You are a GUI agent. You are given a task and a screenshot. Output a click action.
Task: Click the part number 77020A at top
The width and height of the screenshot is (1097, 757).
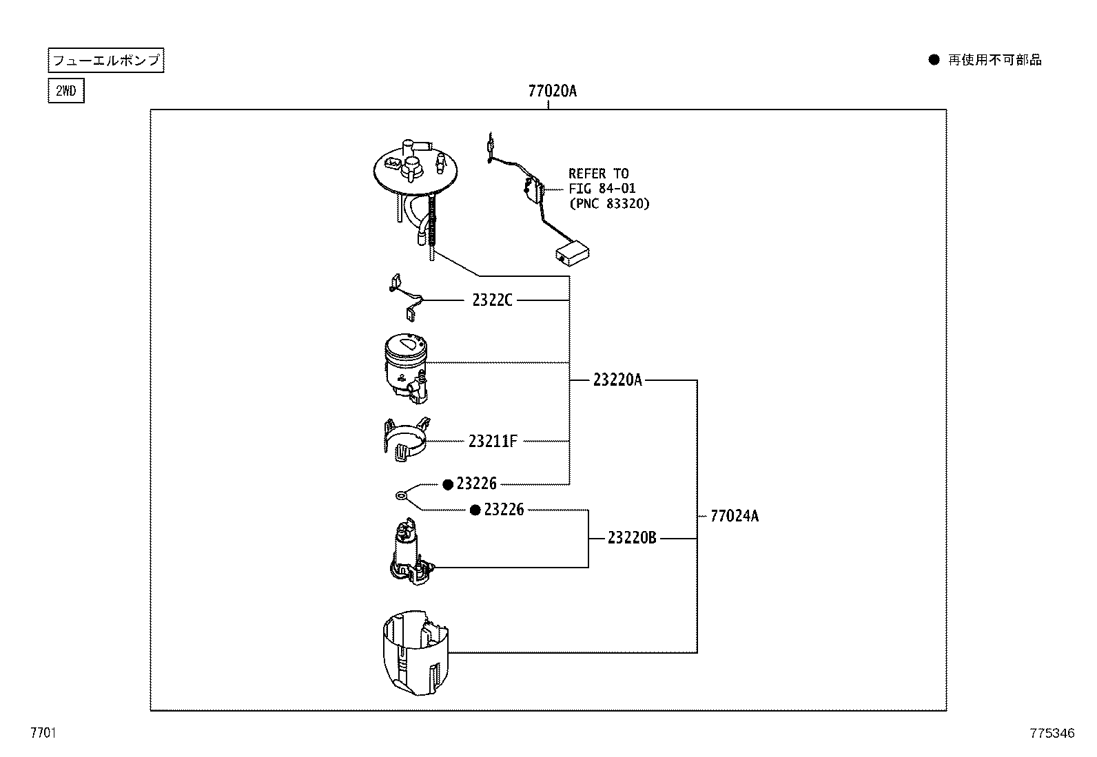coord(552,91)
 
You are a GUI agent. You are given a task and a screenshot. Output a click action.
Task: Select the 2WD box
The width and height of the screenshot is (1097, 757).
coord(66,91)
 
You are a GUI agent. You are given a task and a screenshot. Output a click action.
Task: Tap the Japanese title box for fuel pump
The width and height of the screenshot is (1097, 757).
coord(106,61)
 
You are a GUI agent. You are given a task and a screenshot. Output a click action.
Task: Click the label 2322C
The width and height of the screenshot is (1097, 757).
coord(492,300)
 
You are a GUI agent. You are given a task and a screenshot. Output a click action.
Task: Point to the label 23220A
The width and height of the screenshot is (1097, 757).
coord(617,380)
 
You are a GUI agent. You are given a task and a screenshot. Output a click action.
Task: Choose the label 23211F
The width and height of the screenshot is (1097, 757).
coord(492,442)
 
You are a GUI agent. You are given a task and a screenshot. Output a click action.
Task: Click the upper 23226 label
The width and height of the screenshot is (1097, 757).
coord(476,484)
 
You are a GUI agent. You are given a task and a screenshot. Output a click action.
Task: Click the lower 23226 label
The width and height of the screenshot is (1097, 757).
coord(504,510)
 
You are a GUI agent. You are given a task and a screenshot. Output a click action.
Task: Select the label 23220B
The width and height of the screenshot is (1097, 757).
coord(632,538)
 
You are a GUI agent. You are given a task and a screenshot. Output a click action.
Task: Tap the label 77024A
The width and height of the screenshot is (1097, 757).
coord(734,516)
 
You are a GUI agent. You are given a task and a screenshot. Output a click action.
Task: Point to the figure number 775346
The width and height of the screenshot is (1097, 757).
coord(1052,734)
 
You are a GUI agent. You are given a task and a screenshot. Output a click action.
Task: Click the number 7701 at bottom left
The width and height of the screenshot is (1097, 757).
coord(42,734)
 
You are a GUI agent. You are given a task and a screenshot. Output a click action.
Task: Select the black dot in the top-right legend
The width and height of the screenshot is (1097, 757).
coord(934,60)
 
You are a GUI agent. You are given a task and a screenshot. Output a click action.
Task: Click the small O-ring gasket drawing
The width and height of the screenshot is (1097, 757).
coord(400,495)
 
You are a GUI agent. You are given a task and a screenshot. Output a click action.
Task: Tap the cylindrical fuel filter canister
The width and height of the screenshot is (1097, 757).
coord(407,366)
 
